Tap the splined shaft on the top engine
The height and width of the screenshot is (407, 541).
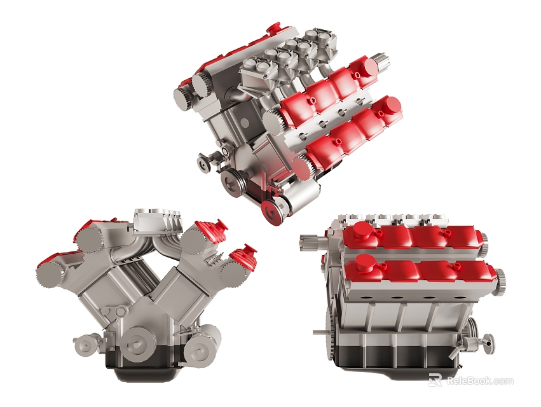pos(381,62)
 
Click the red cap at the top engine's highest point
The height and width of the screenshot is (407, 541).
pos(274,29)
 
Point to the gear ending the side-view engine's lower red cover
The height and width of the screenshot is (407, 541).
pos(501,278)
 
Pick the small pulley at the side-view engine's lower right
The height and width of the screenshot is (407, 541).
pos(488,344)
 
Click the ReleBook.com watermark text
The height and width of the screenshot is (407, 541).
pos(480,381)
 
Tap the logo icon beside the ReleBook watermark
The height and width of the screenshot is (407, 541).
pos(435,380)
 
